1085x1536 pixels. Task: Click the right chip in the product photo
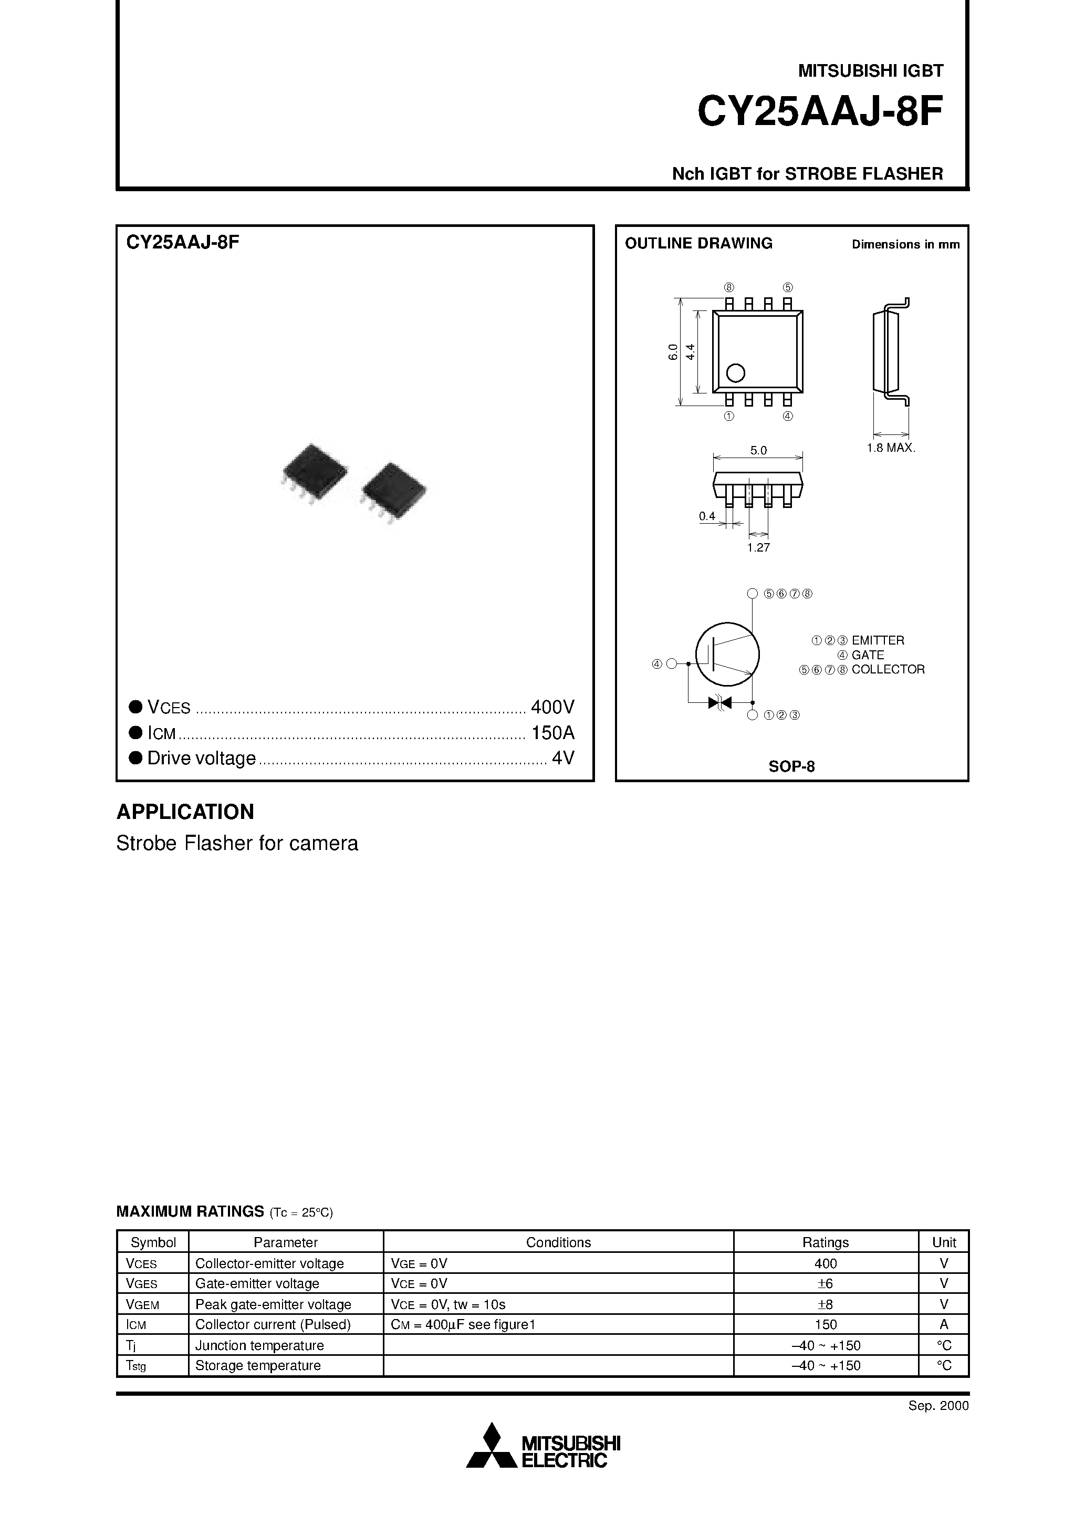coord(393,491)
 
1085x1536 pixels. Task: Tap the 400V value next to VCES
coord(552,707)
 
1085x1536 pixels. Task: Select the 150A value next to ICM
coord(552,733)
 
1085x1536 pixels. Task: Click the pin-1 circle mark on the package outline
coord(735,372)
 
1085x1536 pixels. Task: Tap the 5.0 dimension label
coord(758,451)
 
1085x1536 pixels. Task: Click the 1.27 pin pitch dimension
coord(758,548)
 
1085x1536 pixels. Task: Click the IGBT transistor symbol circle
coord(727,653)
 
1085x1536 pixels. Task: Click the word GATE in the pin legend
coord(868,655)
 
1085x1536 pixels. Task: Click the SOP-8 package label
coord(791,766)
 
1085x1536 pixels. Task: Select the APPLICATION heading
coord(185,812)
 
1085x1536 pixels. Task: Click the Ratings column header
coord(826,1242)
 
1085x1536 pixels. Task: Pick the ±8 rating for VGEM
coord(826,1304)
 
